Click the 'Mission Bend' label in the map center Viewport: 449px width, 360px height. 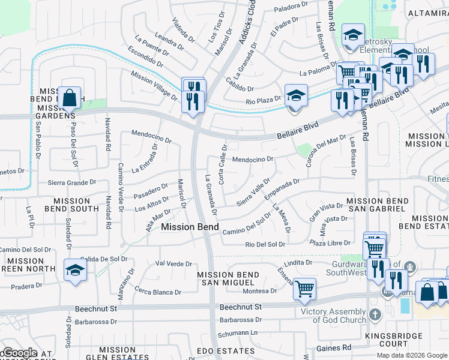185,227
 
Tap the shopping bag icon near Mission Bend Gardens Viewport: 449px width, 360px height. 70,97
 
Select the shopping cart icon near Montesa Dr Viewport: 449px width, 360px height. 304,289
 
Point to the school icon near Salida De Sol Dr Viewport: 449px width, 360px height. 76,269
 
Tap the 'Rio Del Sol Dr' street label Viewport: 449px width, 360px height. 265,244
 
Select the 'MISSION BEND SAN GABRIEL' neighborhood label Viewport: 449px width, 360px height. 376,205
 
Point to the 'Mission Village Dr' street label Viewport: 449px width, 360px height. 154,85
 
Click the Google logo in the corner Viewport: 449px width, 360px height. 19,353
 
